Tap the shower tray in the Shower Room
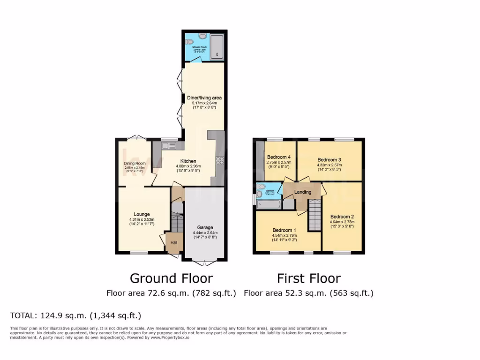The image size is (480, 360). point(217,47)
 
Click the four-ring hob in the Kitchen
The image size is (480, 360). point(219,161)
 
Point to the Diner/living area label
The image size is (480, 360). point(204,97)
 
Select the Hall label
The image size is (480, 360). point(173,242)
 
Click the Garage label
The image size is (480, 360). point(205,226)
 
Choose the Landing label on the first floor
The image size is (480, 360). point(302,192)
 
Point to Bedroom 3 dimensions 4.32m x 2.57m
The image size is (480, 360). point(330,165)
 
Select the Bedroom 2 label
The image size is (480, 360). point(342,217)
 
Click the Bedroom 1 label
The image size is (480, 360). point(285,230)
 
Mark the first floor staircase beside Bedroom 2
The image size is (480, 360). point(314,214)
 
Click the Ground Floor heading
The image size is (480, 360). point(171,278)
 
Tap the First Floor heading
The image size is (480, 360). point(308,278)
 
